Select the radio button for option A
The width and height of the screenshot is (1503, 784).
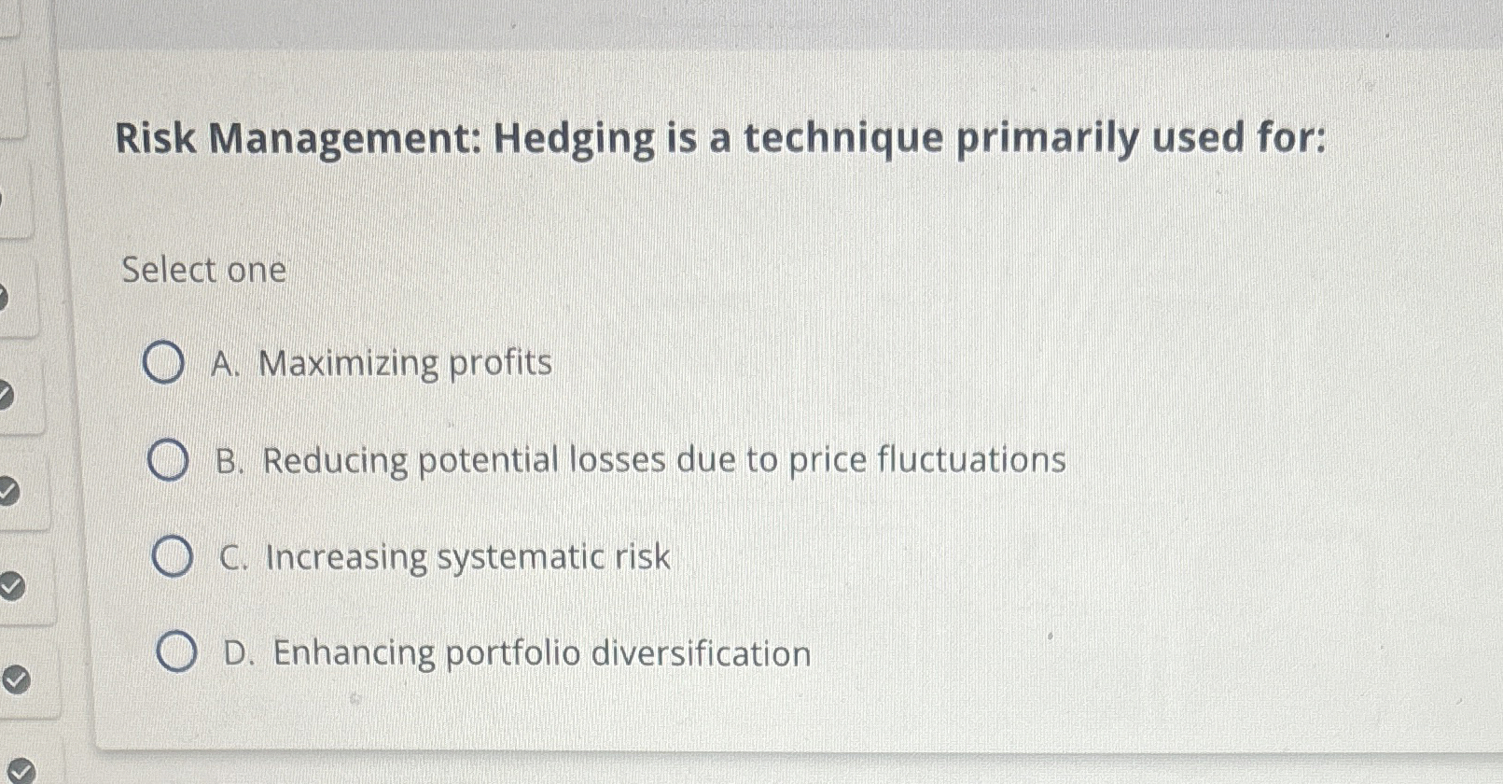pyautogui.click(x=163, y=364)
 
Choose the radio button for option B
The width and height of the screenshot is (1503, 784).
pyautogui.click(x=168, y=461)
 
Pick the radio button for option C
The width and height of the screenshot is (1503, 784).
pyautogui.click(x=173, y=557)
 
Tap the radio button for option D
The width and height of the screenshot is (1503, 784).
pyautogui.click(x=176, y=652)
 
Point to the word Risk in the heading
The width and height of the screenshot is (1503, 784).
pyautogui.click(x=155, y=139)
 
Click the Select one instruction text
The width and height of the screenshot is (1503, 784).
pyautogui.click(x=203, y=270)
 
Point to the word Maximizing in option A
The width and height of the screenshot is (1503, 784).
pyautogui.click(x=348, y=364)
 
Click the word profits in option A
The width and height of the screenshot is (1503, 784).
pyautogui.click(x=501, y=364)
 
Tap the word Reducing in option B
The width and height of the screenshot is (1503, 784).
pyautogui.click(x=335, y=461)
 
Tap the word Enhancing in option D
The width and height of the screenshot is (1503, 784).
pyautogui.click(x=354, y=653)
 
